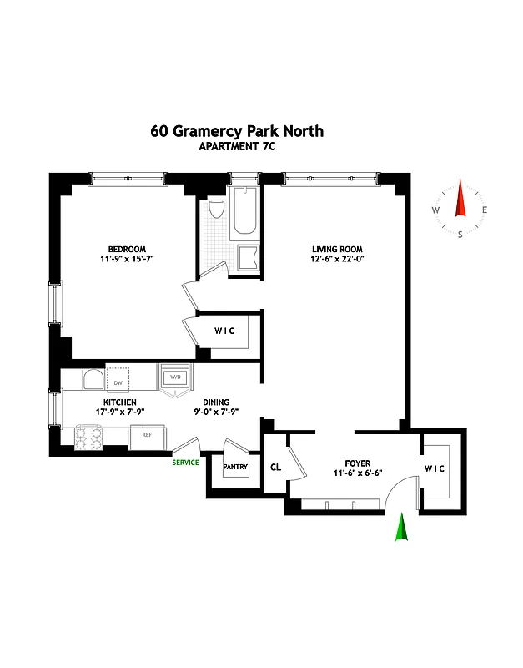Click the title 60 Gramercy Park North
(236, 131)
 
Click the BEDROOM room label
(127, 249)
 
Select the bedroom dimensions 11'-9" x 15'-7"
(127, 260)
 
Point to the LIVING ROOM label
(337, 249)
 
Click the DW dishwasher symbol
(118, 381)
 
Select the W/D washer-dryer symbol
(176, 377)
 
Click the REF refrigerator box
(146, 435)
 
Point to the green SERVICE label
(185, 463)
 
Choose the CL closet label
(275, 467)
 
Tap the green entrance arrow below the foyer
(401, 528)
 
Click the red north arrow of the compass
(460, 200)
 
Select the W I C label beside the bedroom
(224, 331)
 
